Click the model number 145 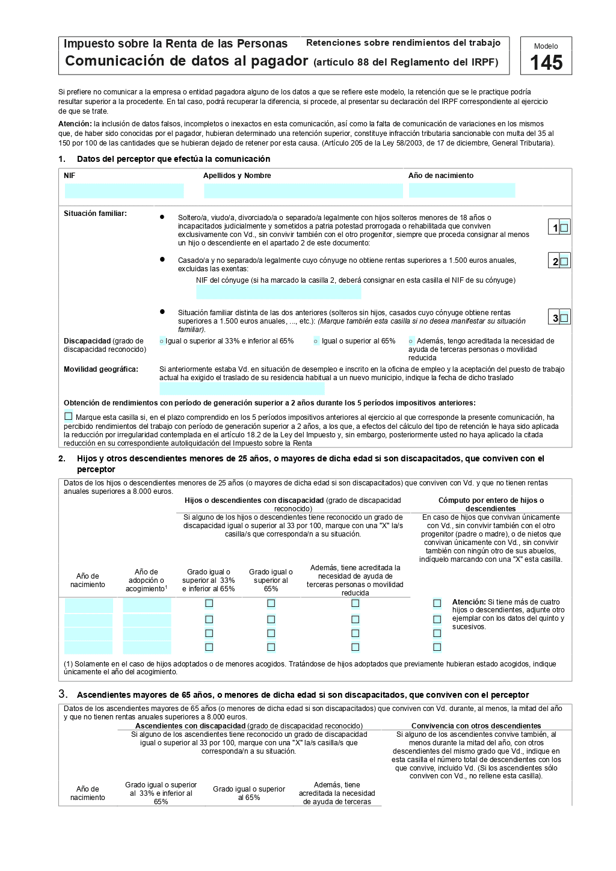pos(546,63)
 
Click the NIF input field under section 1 pos(124,191)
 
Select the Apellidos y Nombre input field pos(303,191)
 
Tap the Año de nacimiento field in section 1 pos(461,191)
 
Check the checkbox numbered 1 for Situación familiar pos(564,227)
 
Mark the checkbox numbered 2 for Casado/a pos(564,261)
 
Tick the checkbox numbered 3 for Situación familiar pos(564,318)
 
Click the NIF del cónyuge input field pos(279,292)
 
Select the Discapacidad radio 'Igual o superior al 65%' pos(316,342)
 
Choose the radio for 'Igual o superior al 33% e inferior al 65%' pos(162,342)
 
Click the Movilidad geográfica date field pos(242,389)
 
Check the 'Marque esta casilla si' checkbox pos(69,416)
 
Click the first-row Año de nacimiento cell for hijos pos(88,605)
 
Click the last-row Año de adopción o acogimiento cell pos(147,648)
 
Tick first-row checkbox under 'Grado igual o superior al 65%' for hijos pos(271,603)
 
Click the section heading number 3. pos(63,694)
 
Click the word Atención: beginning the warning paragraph pos(75,124)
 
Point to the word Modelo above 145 pos(546,46)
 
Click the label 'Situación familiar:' pos(95,214)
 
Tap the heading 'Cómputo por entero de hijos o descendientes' pos(491,504)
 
